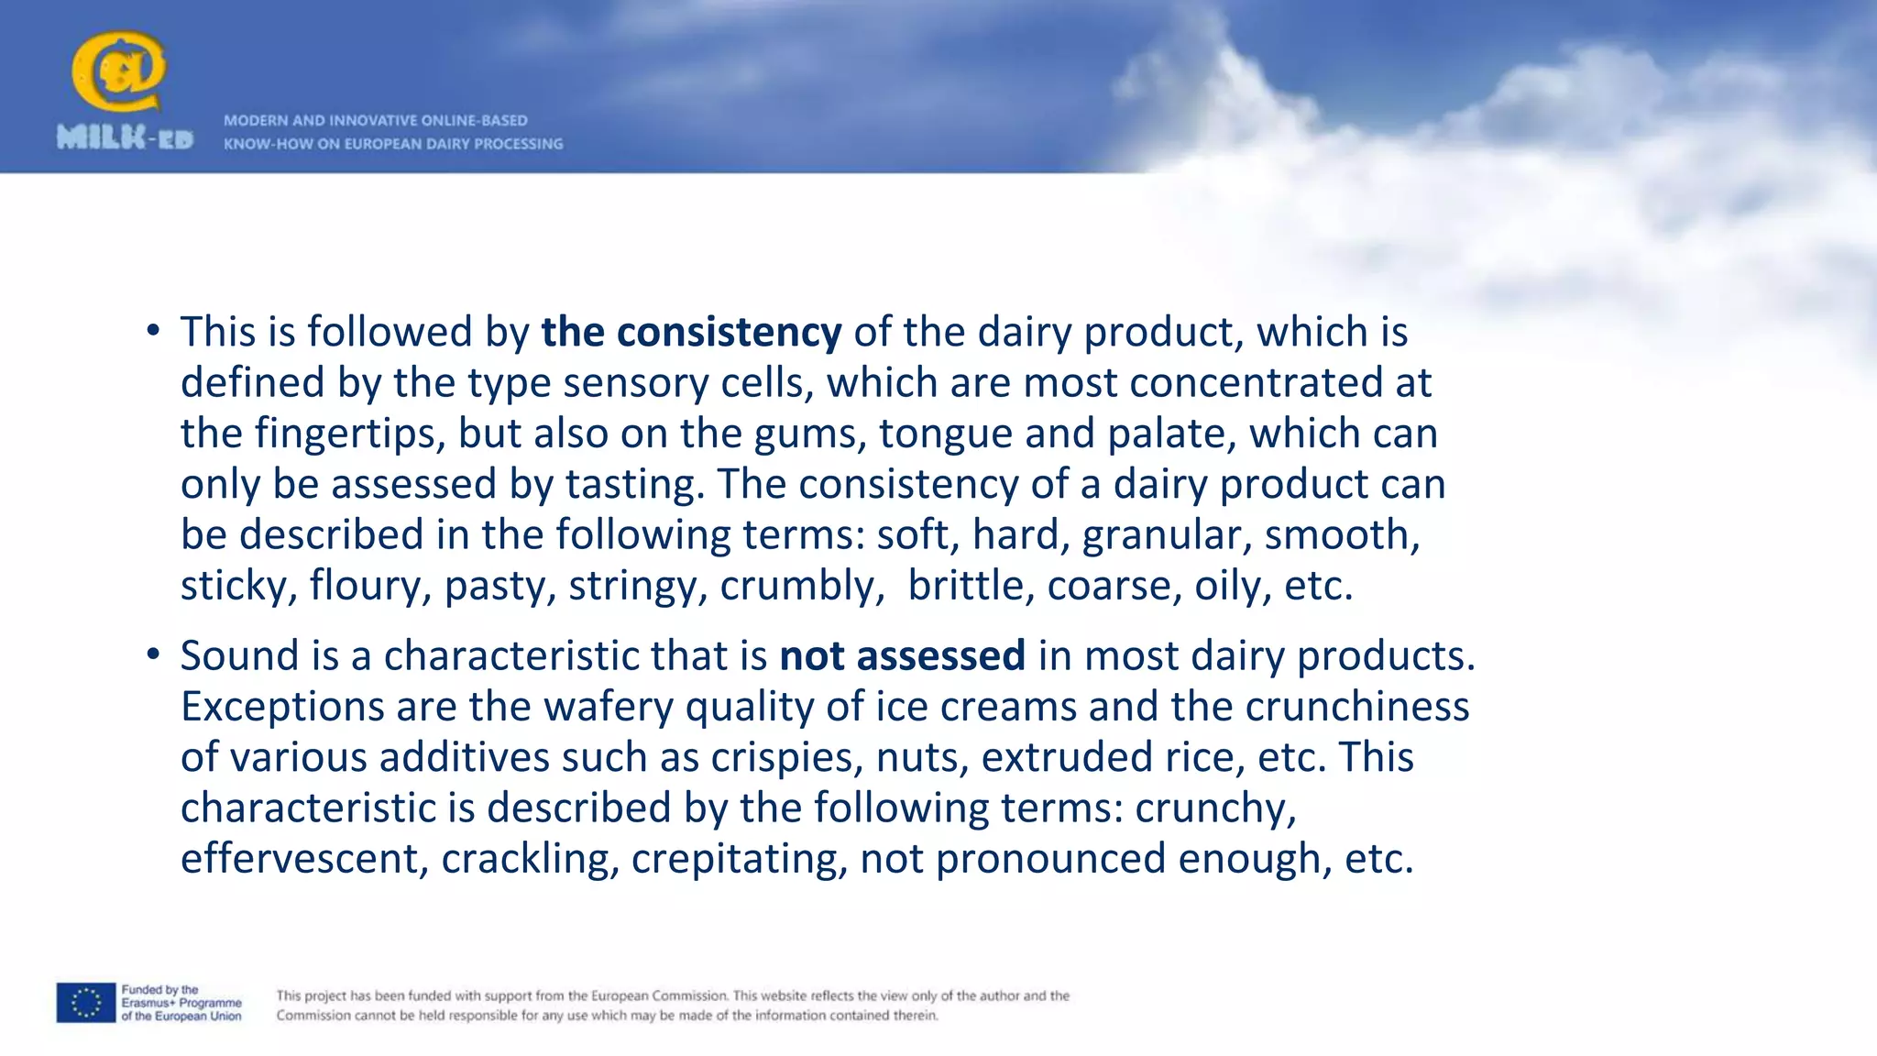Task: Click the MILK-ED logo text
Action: [x=125, y=138]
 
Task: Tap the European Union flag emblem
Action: [x=85, y=1003]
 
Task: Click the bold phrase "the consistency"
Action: [x=691, y=332]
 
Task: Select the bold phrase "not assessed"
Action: [x=902, y=656]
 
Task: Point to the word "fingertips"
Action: [x=349, y=434]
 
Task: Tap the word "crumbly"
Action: [x=796, y=586]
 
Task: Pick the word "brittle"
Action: [x=965, y=586]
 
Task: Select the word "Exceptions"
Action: [x=281, y=707]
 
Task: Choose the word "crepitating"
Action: [x=739, y=859]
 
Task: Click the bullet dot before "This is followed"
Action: [x=153, y=330]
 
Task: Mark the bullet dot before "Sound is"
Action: [x=153, y=654]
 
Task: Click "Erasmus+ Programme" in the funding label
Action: [x=181, y=1003]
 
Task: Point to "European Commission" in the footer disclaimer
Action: [x=659, y=995]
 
